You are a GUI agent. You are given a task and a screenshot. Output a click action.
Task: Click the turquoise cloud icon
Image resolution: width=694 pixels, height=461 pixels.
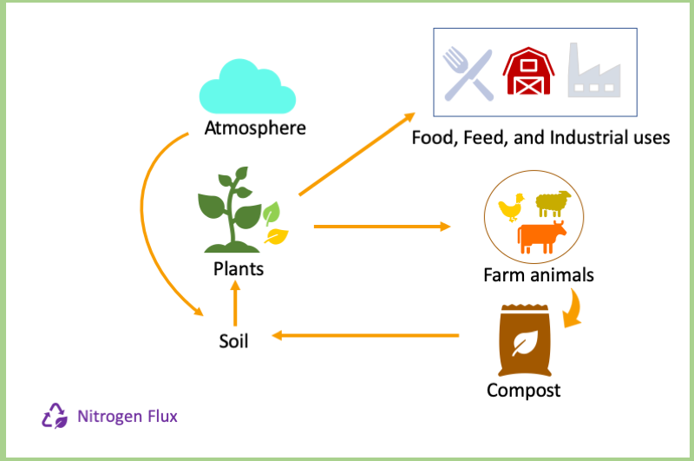point(247,87)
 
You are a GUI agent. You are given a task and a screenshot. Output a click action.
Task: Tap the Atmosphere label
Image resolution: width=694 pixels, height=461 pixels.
point(255,128)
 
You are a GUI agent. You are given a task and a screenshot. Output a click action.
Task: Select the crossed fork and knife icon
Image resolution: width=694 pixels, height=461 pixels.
point(468,74)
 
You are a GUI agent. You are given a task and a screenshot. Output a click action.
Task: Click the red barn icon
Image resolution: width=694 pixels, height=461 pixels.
point(528,71)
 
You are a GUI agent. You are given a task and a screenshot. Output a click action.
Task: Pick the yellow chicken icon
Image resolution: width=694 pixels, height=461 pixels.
point(511,207)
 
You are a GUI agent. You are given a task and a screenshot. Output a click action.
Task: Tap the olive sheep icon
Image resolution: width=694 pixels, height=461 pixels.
point(553,203)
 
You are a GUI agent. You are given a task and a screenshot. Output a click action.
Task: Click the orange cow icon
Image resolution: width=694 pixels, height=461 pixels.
point(541,237)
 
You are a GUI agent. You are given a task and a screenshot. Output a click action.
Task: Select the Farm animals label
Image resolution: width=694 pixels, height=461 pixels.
point(538,275)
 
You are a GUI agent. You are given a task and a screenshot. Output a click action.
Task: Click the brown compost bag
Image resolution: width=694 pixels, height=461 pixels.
point(525,340)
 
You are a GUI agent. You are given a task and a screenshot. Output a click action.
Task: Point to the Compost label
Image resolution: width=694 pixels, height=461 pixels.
point(524,391)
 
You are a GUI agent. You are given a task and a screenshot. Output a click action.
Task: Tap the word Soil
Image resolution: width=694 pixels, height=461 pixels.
point(233,341)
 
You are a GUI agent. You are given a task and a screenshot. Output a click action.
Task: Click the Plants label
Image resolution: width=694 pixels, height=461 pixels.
point(239,269)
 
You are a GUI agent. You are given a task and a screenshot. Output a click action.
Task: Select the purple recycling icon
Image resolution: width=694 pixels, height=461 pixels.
point(55,416)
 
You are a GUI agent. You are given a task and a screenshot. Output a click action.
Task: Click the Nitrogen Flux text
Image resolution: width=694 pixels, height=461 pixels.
point(128,416)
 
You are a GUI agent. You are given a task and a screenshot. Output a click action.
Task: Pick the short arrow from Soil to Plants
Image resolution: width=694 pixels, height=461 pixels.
point(235,304)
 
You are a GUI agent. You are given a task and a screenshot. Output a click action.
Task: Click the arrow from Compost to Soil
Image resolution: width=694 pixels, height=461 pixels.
point(365,336)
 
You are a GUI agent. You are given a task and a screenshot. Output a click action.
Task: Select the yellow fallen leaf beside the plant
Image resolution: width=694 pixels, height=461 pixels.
point(276,236)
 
